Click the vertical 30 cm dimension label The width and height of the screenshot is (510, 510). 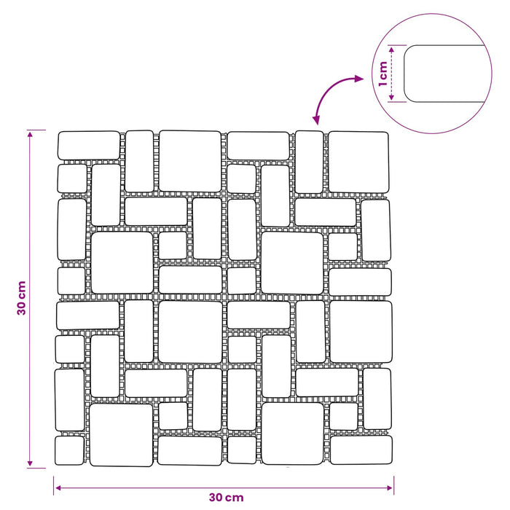(21, 298)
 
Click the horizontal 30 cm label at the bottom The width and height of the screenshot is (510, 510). (226, 498)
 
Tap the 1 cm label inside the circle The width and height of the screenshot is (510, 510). (382, 74)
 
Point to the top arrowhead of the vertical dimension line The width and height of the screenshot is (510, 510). (30, 134)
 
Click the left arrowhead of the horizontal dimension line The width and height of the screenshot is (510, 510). (58, 487)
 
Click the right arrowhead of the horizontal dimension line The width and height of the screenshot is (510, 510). (390, 487)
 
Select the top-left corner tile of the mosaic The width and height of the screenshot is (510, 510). (89, 146)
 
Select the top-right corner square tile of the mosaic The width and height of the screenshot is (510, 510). (358, 162)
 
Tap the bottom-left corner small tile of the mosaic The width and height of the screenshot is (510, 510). (69, 450)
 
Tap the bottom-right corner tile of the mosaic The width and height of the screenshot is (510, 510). (361, 450)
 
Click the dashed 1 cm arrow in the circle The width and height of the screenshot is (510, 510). (392, 74)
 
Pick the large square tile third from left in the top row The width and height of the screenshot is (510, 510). (190, 161)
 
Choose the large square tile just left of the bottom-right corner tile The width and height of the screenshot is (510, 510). (292, 433)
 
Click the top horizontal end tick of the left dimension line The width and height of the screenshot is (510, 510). (36, 130)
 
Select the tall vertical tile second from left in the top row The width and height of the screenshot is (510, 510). (139, 161)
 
